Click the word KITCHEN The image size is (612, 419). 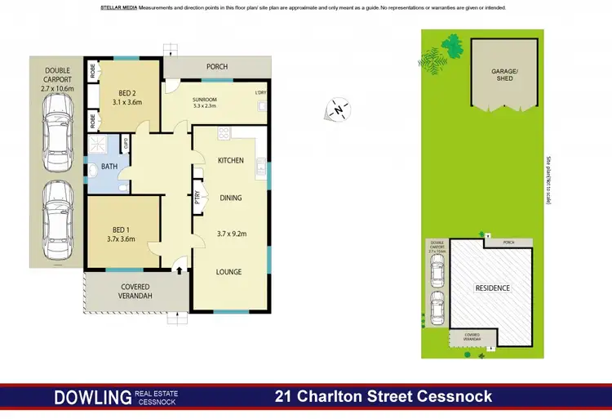click(230, 161)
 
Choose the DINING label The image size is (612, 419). click(230, 198)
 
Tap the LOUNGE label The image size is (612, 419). click(229, 271)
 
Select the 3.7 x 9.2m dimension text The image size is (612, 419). click(230, 234)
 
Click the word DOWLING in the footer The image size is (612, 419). click(91, 398)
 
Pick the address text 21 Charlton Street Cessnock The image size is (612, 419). click(384, 397)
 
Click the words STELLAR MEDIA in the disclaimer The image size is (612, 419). click(118, 7)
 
